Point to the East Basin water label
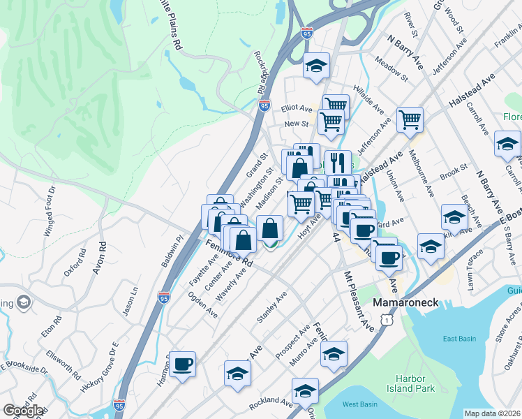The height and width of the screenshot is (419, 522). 459,339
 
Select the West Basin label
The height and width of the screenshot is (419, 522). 360,404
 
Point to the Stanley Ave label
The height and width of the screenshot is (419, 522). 271,304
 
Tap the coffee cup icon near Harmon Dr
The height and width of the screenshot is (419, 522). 183,364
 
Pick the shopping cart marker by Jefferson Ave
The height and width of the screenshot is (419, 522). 410,119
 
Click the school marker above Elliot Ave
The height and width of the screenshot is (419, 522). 316,66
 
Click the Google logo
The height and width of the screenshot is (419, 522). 23,411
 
